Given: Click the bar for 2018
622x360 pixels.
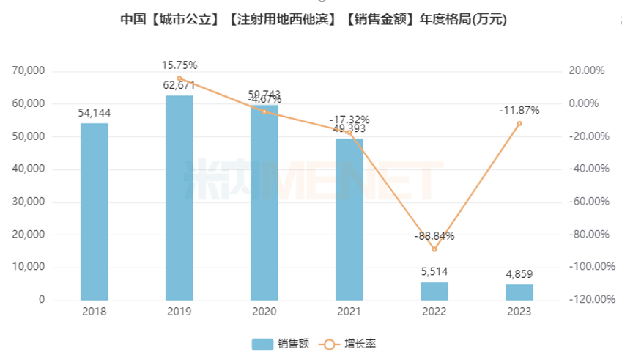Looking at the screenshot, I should coord(94,211).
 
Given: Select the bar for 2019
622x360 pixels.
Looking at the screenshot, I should coord(179,197).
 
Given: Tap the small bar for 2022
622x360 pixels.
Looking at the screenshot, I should coord(434,291).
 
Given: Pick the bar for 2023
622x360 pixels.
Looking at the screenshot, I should coord(519,292).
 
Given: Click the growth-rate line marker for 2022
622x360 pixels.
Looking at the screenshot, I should coord(434,249).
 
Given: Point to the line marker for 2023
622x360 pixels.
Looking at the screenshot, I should coord(519,123).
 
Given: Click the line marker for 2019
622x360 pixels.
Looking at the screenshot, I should coord(179,78).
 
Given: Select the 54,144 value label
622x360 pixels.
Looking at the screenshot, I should coord(94,113).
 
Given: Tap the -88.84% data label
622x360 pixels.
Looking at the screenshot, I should coord(434,236).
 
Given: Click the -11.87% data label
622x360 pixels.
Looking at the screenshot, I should coord(519,111).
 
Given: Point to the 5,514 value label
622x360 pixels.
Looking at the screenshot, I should coord(434,271).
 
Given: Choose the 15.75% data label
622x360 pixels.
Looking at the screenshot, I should coord(179,65).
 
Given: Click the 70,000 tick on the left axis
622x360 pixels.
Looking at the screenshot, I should coord(29,71).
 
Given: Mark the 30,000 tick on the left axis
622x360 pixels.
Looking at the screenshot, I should coord(29,202).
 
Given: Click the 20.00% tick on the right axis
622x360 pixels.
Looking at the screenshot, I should coord(587,71).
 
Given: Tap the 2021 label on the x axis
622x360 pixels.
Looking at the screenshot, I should coord(349,312).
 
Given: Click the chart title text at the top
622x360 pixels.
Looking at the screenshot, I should coord(314,20).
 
